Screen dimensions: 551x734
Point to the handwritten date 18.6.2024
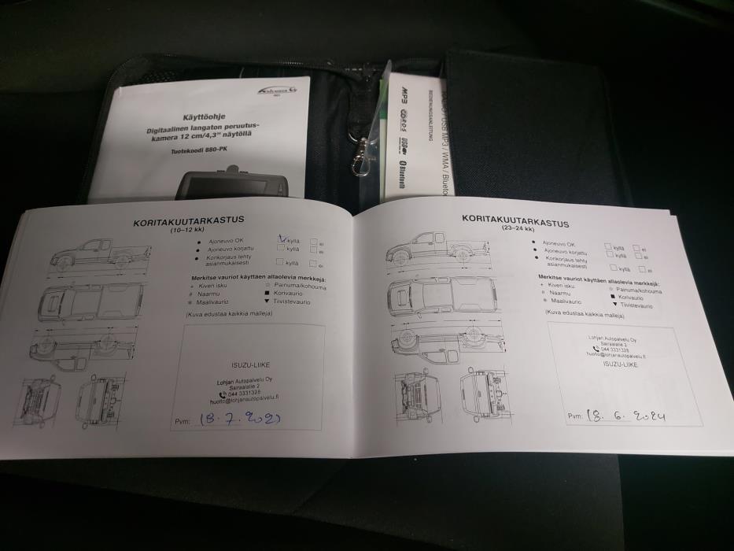point(627,414)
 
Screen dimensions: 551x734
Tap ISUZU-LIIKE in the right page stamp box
point(621,364)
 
